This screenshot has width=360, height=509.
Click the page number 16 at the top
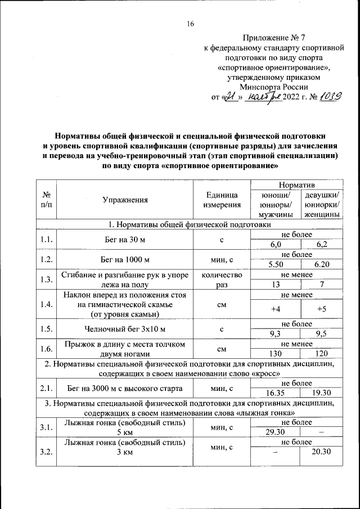click(190, 24)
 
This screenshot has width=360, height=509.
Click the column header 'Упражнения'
click(125, 200)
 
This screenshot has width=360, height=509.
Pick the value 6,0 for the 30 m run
click(275, 245)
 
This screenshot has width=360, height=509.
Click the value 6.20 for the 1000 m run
click(322, 264)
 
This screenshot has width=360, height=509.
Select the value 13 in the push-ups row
click(275, 285)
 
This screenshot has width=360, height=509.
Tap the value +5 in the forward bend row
click(322, 309)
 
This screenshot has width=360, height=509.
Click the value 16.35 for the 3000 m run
click(275, 392)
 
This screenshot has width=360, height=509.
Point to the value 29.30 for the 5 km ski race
click(275, 432)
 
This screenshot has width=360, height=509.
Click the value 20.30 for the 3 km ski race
click(322, 452)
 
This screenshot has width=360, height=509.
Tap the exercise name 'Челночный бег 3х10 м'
click(125, 328)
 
